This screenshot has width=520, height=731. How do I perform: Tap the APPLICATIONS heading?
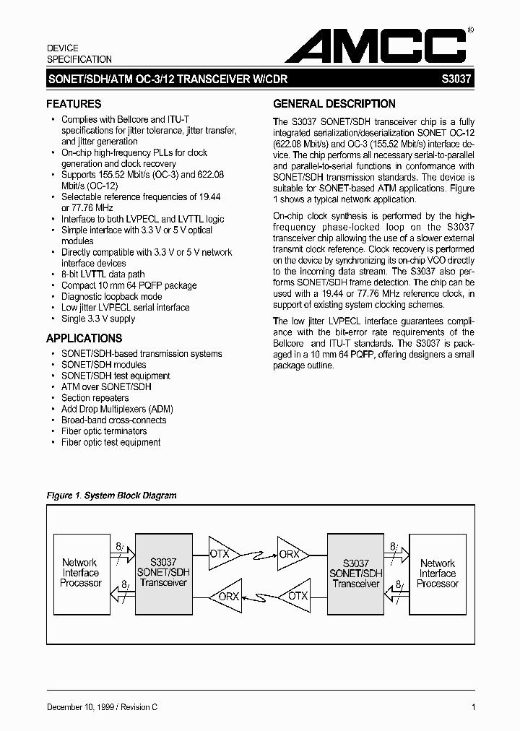[84, 338]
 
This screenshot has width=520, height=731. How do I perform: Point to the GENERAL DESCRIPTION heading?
[334, 103]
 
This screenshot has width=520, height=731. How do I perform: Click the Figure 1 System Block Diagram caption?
[111, 496]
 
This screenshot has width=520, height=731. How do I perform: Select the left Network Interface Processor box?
[80, 573]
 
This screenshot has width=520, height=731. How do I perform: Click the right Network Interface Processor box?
[438, 573]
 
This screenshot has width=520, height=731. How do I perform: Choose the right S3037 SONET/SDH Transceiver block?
[356, 573]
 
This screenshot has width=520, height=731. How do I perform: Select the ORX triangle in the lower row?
[225, 597]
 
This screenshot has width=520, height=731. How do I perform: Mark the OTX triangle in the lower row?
[295, 597]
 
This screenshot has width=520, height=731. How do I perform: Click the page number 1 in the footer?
[472, 707]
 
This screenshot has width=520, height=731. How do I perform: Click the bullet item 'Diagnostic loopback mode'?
[111, 296]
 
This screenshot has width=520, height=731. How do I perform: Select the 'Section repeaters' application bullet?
[95, 398]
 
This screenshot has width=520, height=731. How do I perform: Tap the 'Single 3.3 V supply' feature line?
[98, 319]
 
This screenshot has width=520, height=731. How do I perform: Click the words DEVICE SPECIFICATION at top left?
[79, 53]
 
